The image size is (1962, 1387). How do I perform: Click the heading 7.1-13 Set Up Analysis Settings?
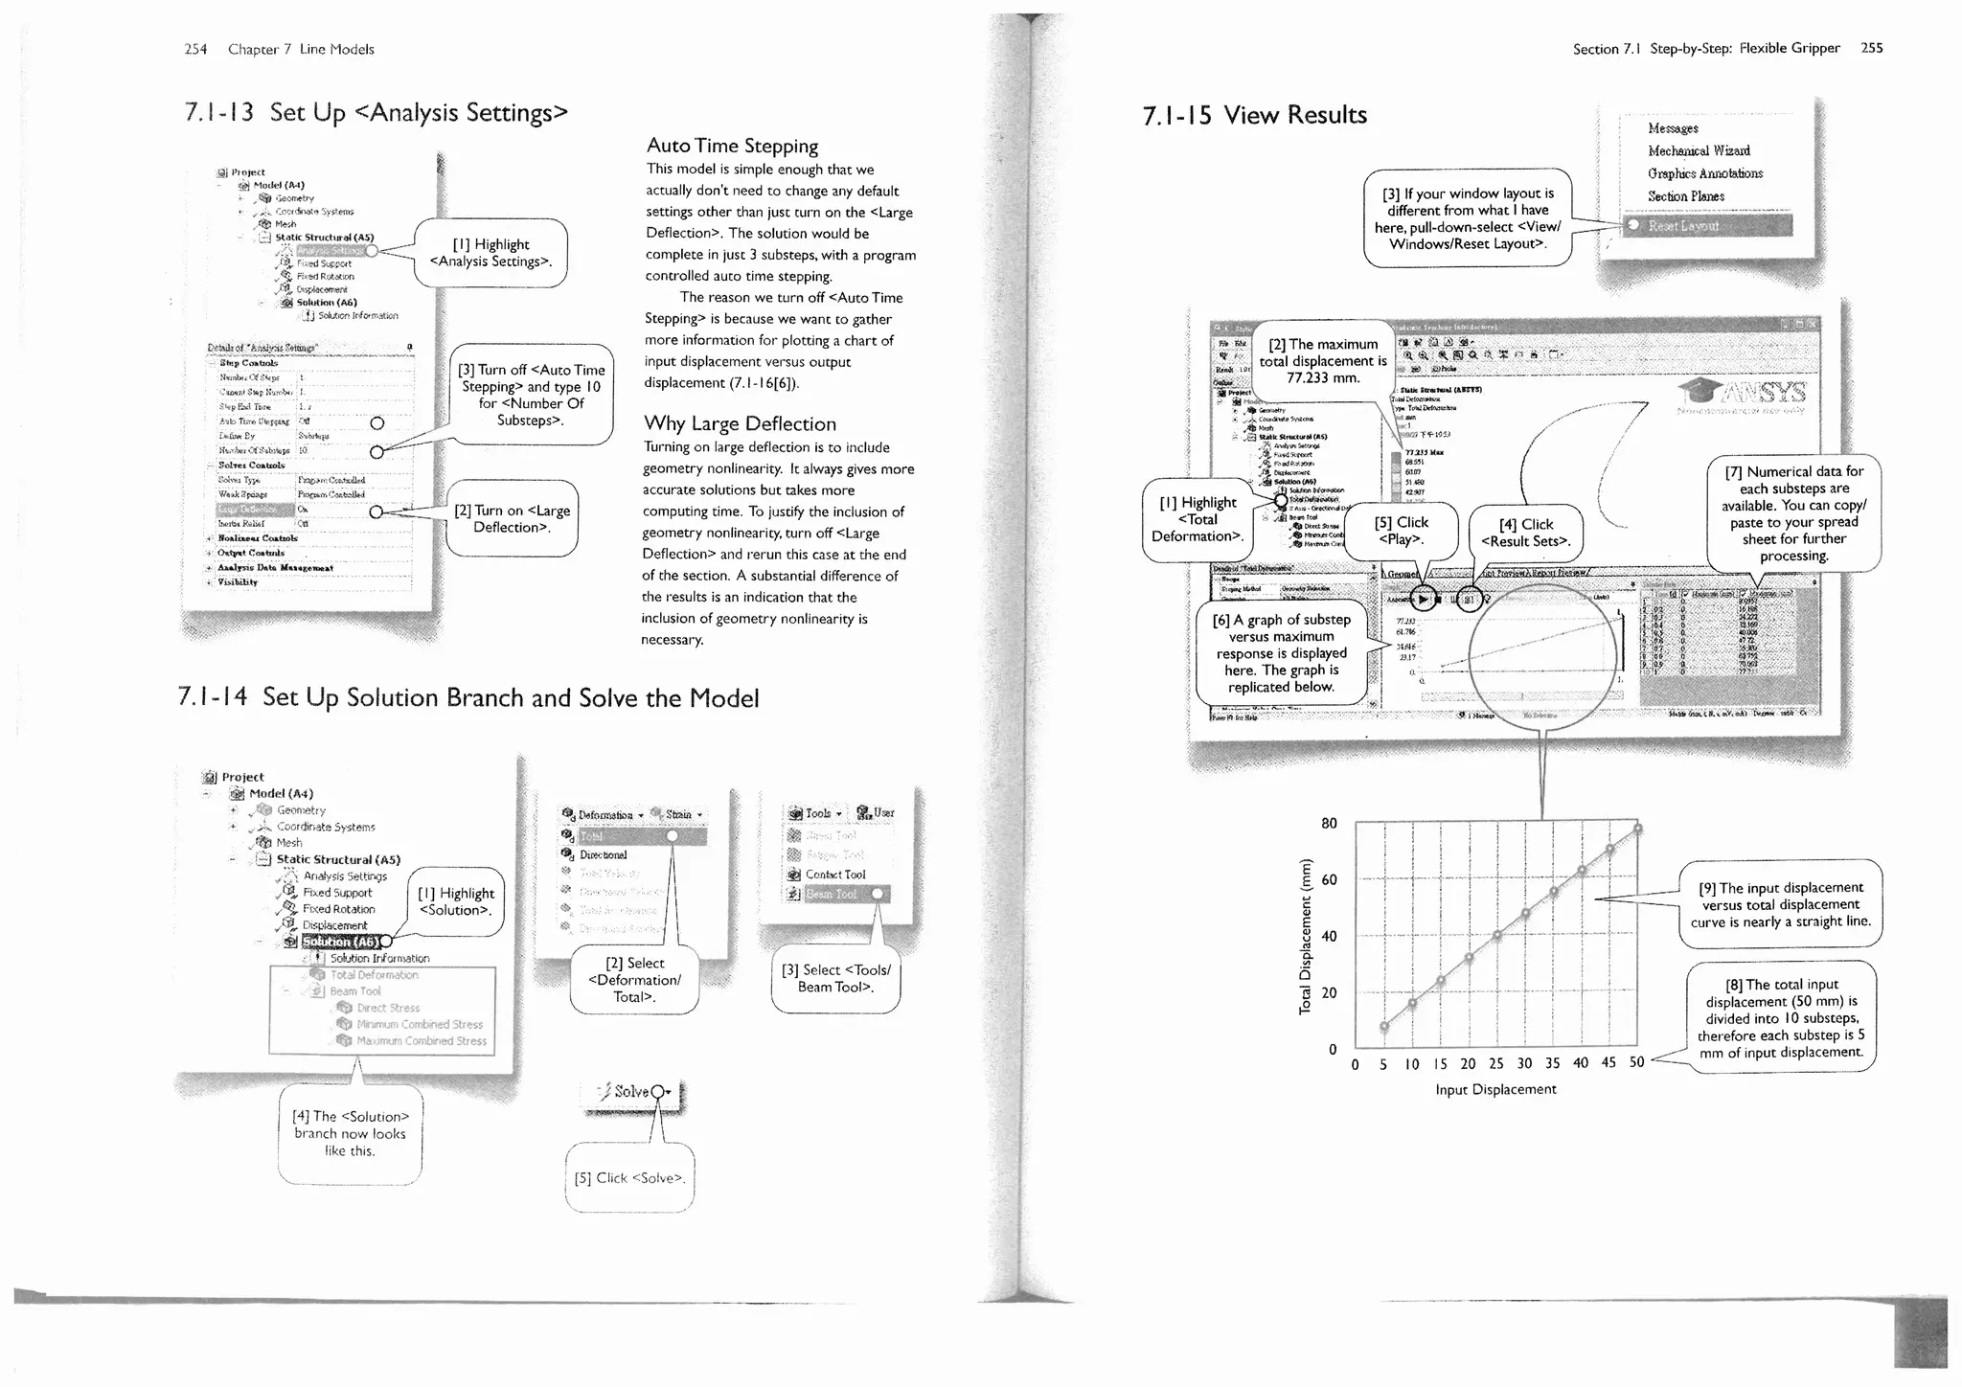376,113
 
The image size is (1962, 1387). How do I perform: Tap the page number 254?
195,49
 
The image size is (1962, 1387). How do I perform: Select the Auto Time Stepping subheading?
732,146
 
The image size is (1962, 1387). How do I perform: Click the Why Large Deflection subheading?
740,423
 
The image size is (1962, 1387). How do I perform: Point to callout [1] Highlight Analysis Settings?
490,253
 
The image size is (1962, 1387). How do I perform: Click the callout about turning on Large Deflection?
512,518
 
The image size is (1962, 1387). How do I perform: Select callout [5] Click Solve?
628,1177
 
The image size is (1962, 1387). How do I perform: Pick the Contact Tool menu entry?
834,875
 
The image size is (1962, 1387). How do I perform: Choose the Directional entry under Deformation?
604,854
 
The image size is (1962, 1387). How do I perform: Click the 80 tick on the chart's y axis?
1329,823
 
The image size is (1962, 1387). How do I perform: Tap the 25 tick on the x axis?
1495,1063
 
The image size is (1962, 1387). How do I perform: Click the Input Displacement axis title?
1495,1089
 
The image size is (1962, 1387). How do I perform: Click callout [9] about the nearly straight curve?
1780,904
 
